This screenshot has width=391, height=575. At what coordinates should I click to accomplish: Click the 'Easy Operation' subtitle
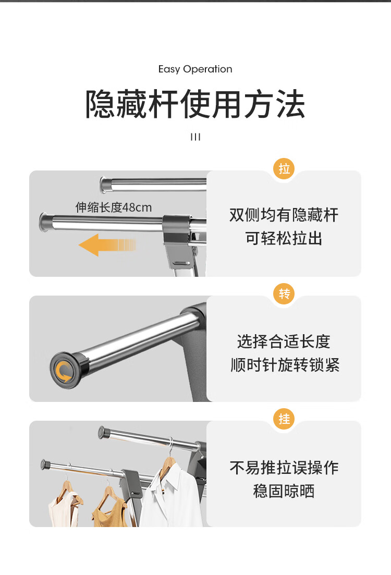[195, 69]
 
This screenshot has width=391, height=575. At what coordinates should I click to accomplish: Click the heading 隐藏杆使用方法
[195, 104]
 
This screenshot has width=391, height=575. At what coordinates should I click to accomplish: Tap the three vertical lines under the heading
[195, 137]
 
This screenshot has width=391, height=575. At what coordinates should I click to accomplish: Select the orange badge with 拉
[284, 169]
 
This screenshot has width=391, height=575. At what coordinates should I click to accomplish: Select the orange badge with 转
[284, 293]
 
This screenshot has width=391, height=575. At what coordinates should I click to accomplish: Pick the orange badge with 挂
[284, 419]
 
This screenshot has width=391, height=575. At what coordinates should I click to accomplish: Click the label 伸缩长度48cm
[114, 207]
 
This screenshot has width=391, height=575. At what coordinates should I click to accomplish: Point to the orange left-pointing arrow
[107, 244]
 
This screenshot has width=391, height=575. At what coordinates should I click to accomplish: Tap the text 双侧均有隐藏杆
[284, 215]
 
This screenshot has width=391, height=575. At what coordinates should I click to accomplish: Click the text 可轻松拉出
[284, 238]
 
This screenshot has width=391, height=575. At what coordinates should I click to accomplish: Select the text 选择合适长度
[284, 341]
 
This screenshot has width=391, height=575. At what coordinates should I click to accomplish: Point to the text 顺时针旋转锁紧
[285, 365]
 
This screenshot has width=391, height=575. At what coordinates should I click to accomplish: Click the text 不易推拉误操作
[284, 468]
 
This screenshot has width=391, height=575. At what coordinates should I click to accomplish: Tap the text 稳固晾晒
[284, 491]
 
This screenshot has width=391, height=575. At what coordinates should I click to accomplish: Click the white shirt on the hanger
[173, 497]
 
